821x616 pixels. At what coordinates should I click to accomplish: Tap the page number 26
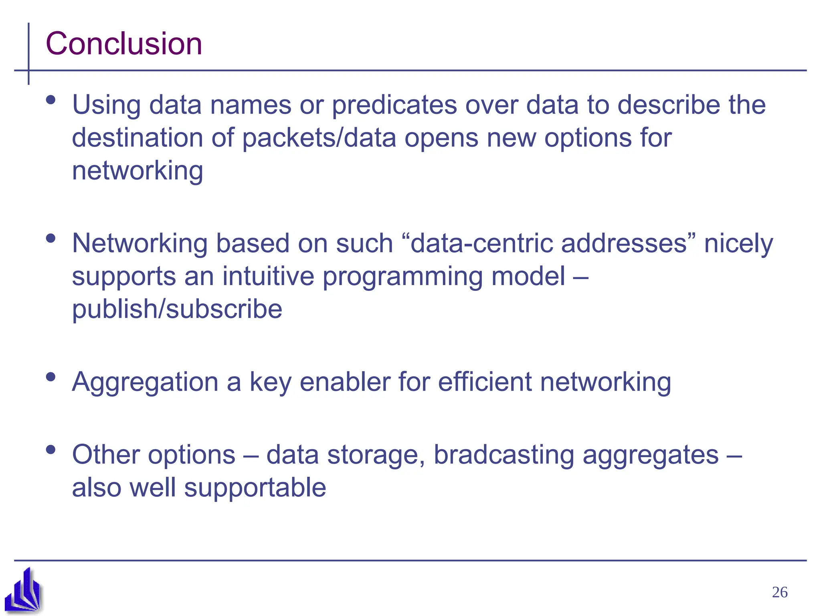[x=779, y=592]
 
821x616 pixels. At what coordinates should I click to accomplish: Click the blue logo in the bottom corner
[x=23, y=590]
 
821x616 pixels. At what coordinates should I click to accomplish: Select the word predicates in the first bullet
[x=394, y=105]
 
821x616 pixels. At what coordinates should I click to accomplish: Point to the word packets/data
[x=319, y=138]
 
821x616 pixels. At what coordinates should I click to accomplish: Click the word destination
[x=137, y=138]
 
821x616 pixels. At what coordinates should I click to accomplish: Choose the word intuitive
[x=268, y=276]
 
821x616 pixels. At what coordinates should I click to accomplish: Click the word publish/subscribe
[x=177, y=310]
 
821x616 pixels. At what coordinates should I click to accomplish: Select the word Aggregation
[x=145, y=382]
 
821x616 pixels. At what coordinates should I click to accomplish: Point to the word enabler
[x=345, y=382]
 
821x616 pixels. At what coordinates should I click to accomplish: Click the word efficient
[x=484, y=382]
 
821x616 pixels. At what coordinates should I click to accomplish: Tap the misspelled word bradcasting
[x=504, y=455]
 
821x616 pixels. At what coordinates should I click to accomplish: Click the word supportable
[x=255, y=488]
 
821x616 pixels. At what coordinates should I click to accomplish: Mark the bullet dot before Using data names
[x=51, y=99]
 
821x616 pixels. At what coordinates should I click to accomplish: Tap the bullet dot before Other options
[x=51, y=449]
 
